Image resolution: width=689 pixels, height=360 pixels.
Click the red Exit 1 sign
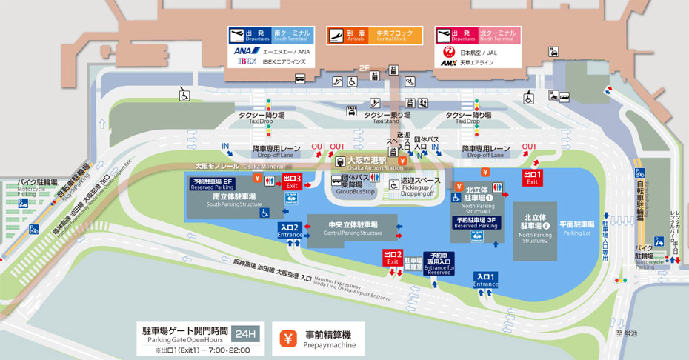(x=533, y=178)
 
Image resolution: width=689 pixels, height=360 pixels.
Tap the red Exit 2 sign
(x=393, y=257)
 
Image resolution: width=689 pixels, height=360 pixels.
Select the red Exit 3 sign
(x=293, y=181)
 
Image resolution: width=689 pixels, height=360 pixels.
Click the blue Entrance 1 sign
(x=486, y=280)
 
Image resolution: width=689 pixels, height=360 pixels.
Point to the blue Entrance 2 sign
(x=290, y=230)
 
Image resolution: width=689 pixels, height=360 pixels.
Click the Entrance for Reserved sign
(x=439, y=263)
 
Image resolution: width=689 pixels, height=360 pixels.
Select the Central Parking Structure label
(x=353, y=229)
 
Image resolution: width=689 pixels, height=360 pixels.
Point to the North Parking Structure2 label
(x=534, y=230)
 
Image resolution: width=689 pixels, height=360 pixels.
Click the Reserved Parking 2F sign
(x=213, y=184)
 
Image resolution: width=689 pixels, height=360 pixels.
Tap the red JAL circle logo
(x=447, y=52)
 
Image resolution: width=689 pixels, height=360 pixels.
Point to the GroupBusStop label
(x=356, y=186)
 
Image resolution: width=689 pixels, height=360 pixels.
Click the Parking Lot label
(x=576, y=228)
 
